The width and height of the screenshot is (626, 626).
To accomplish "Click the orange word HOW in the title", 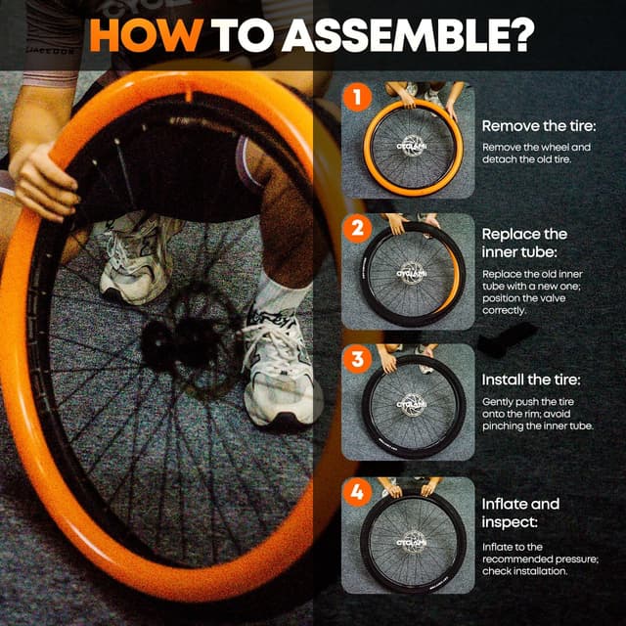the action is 146,35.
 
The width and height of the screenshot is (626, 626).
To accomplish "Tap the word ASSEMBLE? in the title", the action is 408,35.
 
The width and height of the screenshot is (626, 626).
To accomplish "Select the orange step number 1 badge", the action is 357,97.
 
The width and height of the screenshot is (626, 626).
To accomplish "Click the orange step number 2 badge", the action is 357,228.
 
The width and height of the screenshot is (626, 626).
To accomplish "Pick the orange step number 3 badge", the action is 357,359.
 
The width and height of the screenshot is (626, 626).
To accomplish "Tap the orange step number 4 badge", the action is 357,492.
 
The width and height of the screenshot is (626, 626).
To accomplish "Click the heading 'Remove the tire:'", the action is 539,126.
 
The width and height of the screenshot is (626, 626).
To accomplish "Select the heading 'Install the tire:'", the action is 531,380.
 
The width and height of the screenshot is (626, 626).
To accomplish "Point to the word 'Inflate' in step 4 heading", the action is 503,504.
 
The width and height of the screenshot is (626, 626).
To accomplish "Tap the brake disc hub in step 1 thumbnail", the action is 412,146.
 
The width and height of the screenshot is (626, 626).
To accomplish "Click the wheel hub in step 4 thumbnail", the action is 412,543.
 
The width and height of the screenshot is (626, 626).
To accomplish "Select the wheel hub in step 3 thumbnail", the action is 412,405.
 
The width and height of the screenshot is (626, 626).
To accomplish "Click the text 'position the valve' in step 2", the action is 523,298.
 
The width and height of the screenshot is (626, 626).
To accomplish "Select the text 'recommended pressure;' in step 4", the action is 540,559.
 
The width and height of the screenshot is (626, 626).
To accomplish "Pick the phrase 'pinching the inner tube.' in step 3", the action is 537,426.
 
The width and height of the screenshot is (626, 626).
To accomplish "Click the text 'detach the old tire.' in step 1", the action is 526,159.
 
